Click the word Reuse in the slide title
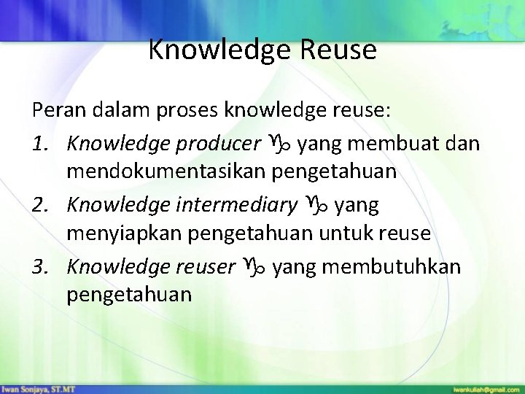[339, 50]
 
